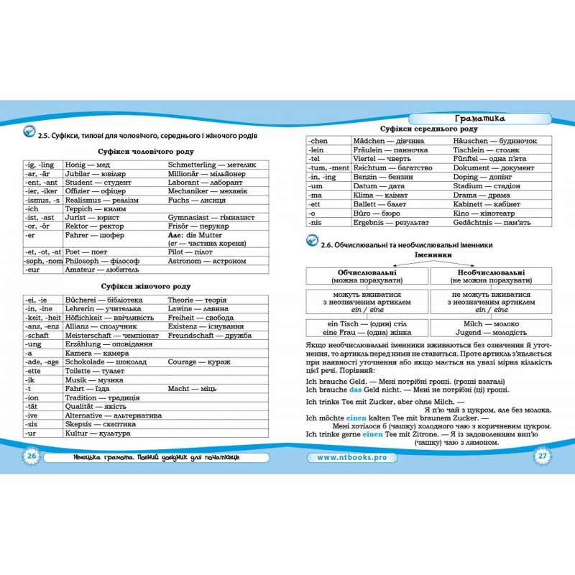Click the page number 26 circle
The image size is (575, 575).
[x=31, y=457]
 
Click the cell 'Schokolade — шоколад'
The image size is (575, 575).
[x=104, y=363]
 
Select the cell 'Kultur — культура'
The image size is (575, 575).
[x=97, y=434]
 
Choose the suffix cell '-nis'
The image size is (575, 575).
[x=316, y=223]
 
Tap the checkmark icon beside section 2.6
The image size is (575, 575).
[x=310, y=243]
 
